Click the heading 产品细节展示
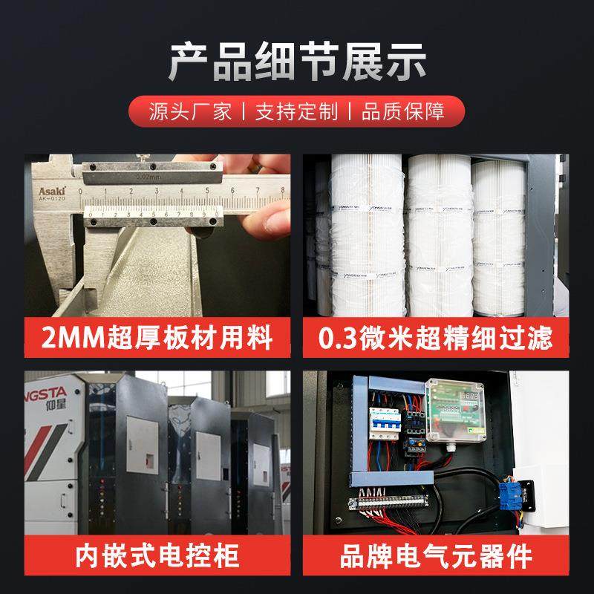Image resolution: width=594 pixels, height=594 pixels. point(297,62)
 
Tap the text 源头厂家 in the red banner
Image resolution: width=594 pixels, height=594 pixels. point(190,112)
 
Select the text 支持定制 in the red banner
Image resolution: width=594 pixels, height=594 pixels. point(296,112)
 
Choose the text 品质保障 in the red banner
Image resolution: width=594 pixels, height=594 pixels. point(403,112)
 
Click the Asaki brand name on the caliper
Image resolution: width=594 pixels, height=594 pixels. point(53,192)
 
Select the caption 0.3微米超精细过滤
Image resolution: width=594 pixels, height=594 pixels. point(436,339)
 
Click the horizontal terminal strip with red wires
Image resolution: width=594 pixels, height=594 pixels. point(390,505)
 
